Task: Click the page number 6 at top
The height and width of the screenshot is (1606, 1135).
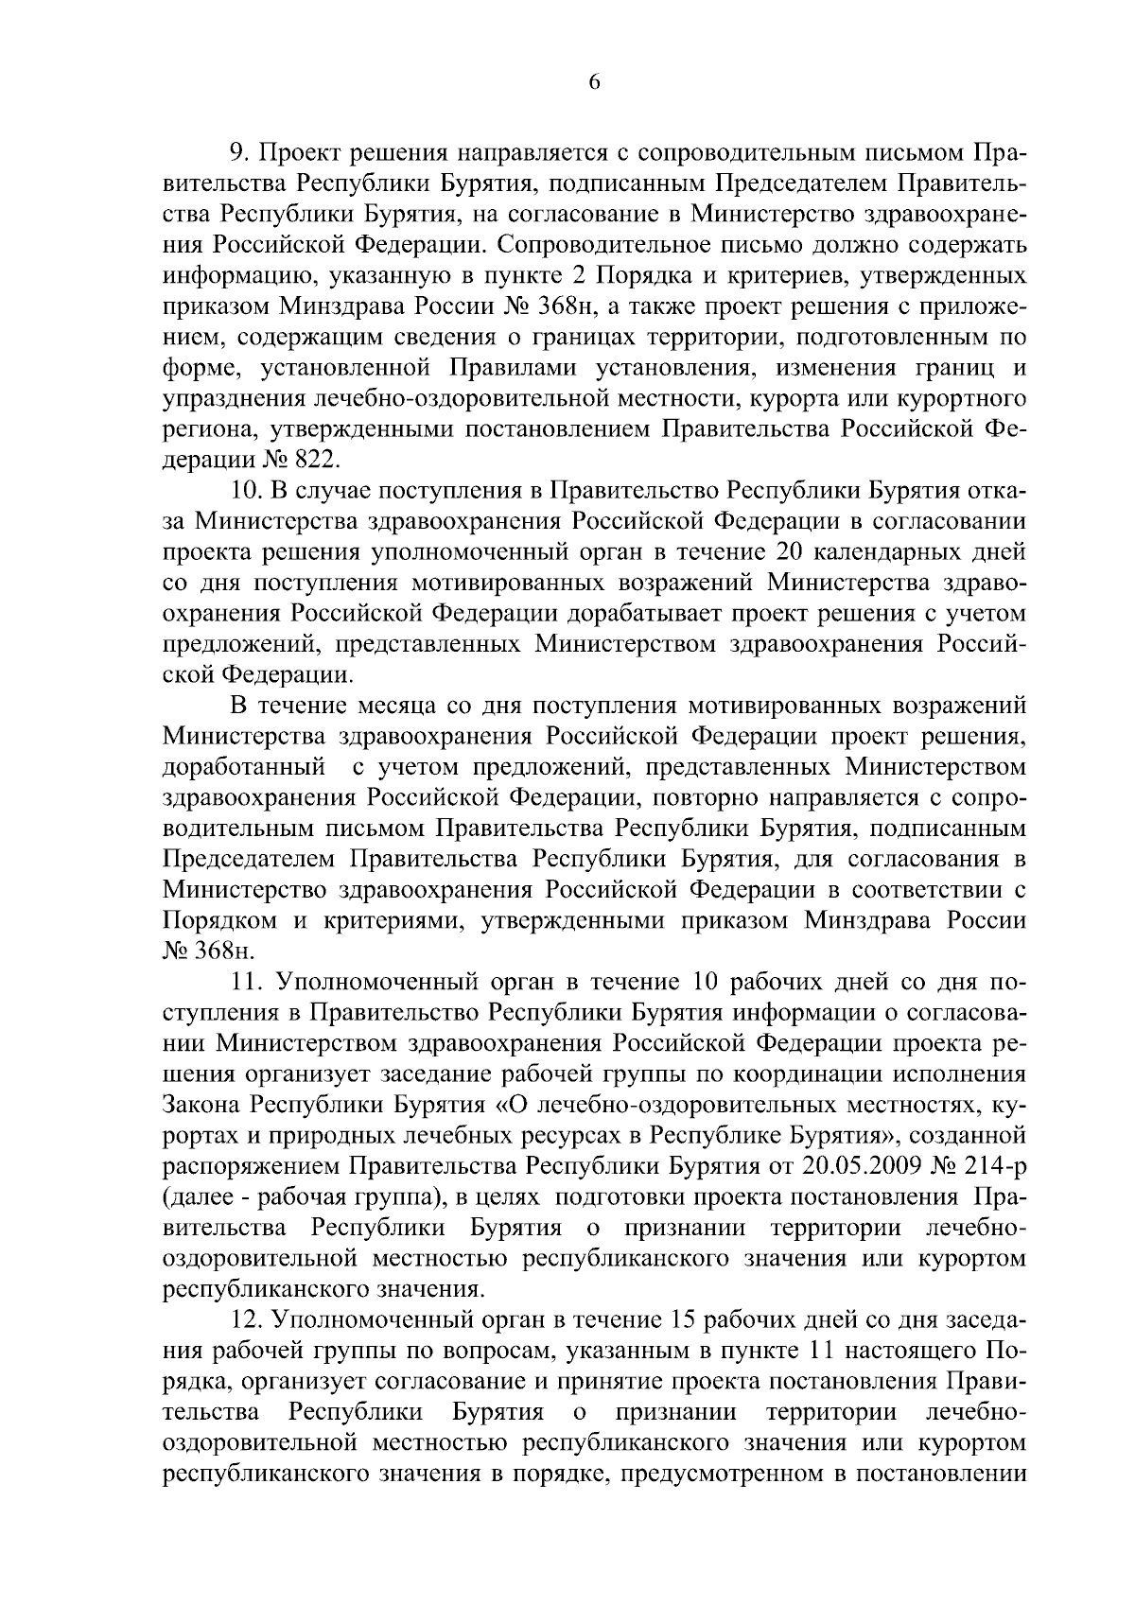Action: click(594, 82)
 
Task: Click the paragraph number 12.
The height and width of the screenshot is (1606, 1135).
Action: click(245, 1319)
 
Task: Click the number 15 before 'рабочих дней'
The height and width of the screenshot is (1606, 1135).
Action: click(688, 1319)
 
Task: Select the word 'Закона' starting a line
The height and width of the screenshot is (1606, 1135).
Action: click(201, 1105)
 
